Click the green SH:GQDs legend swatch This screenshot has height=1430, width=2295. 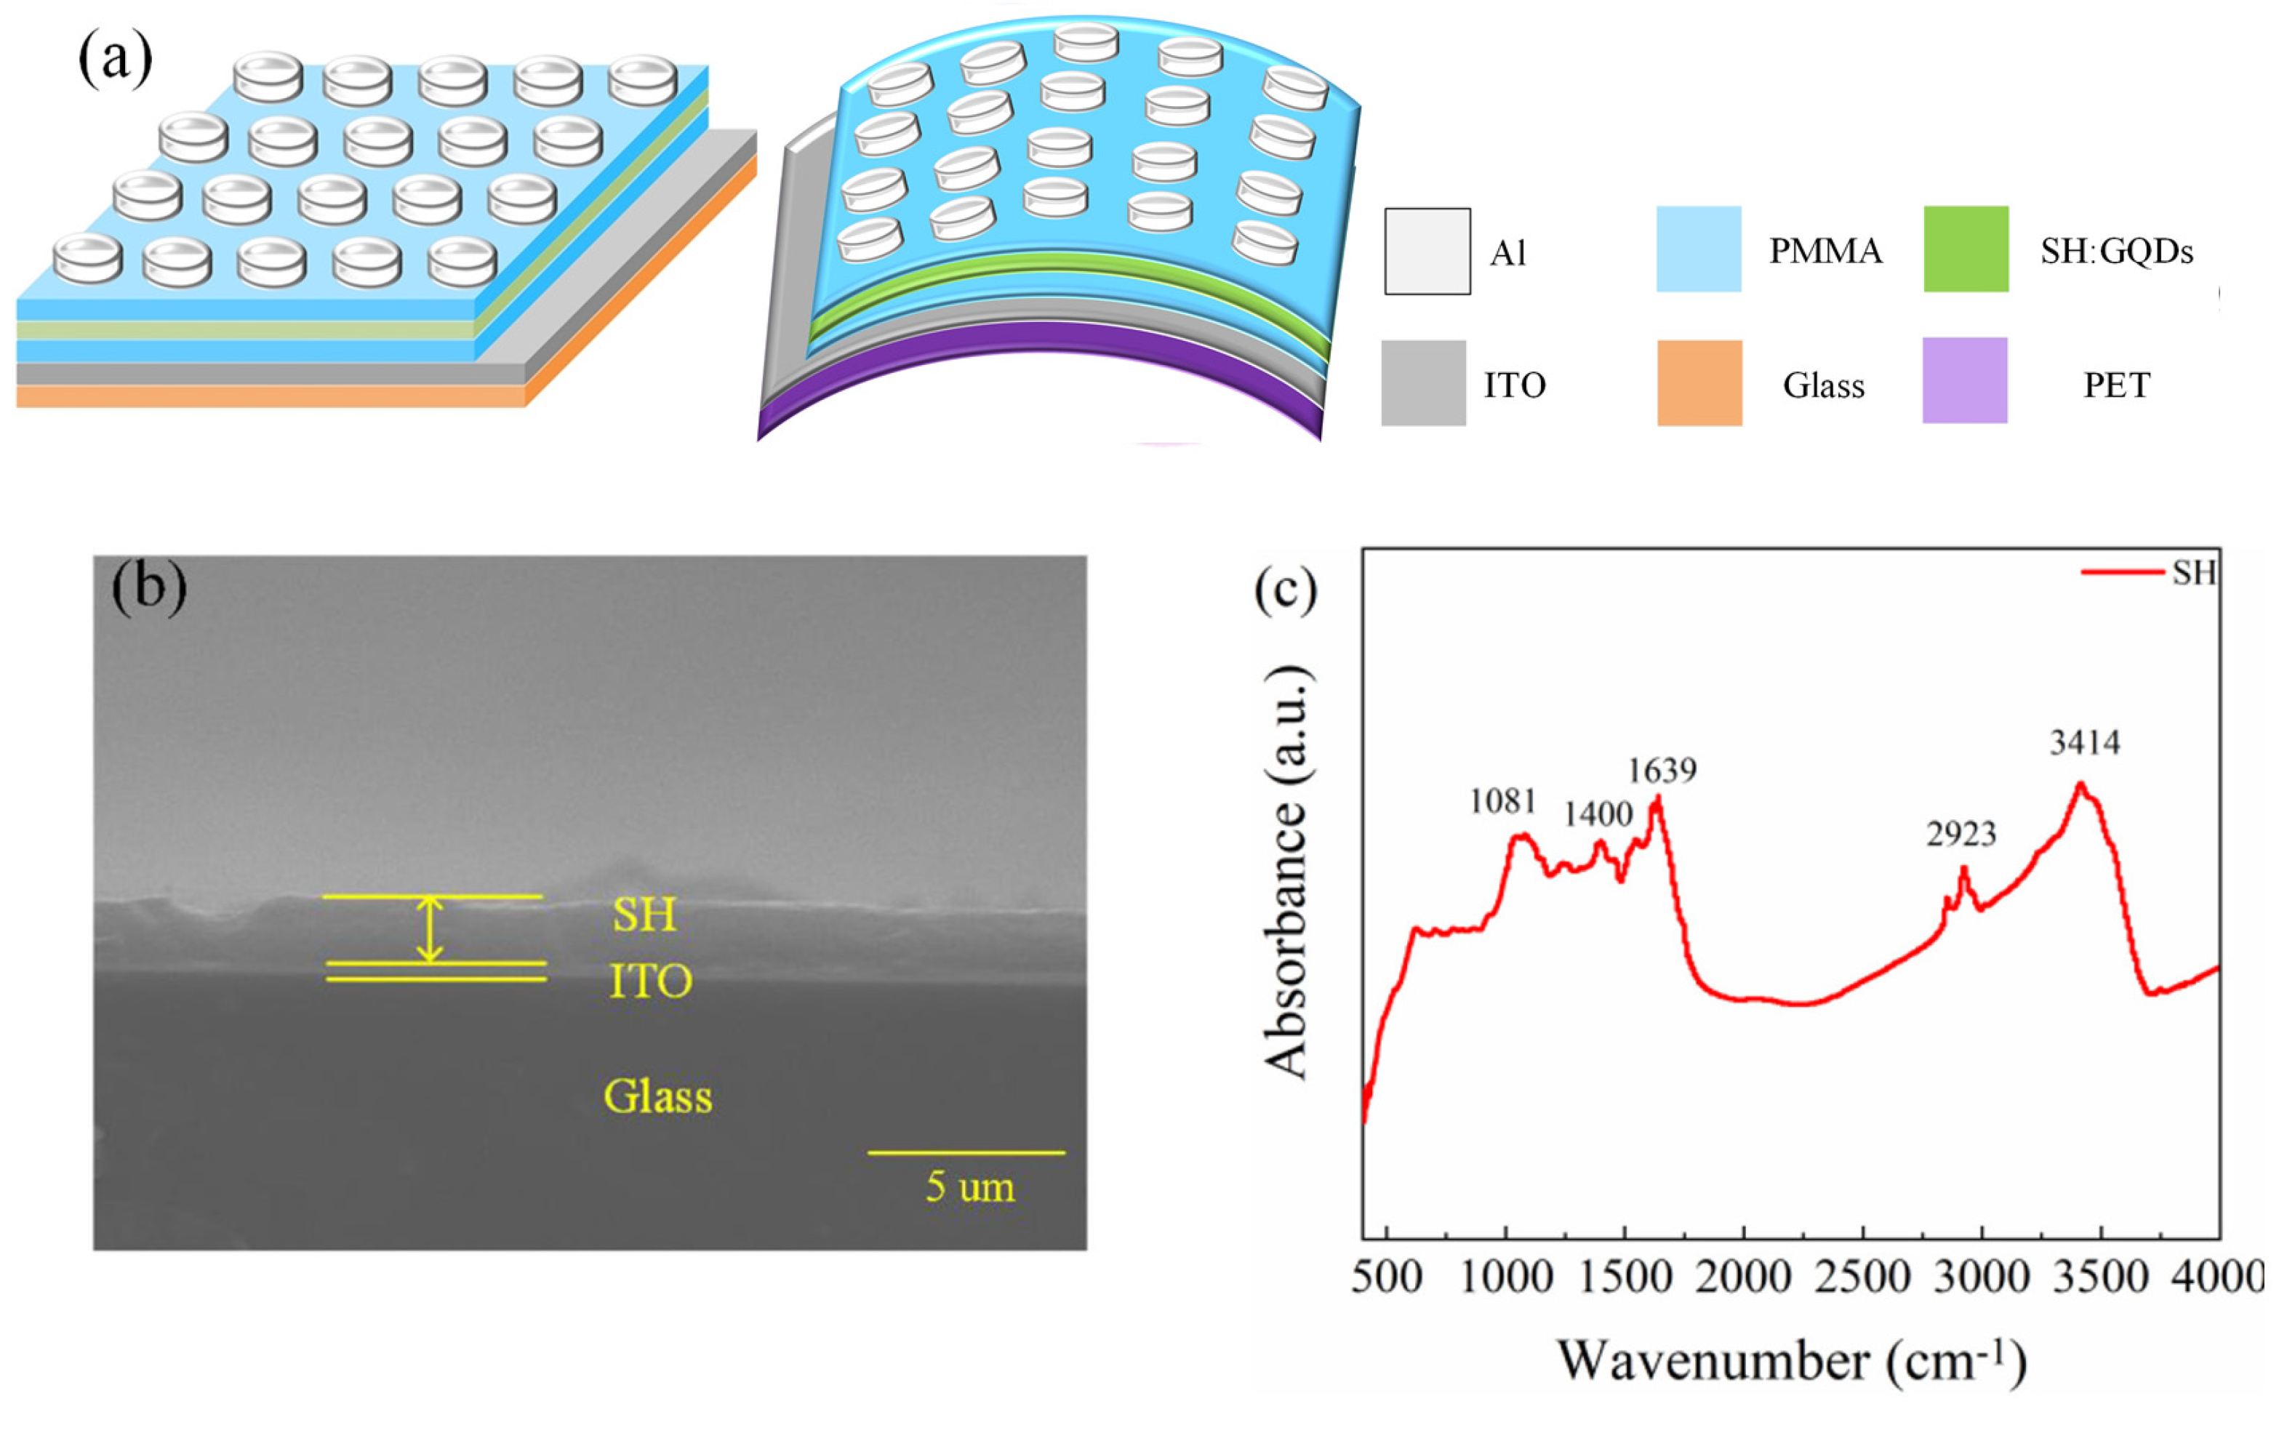click(x=1966, y=249)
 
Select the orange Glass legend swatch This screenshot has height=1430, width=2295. click(x=1699, y=383)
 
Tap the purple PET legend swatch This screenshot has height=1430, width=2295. click(x=1965, y=380)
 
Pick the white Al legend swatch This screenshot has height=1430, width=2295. click(x=1427, y=252)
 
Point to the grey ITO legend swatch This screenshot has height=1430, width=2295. click(x=1423, y=383)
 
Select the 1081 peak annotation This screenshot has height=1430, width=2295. click(x=1502, y=802)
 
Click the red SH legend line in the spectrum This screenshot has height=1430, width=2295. click(x=2122, y=572)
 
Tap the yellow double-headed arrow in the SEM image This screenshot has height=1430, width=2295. click(x=431, y=929)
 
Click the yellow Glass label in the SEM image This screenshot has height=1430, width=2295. click(x=657, y=1097)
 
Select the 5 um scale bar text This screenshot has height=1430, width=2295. click(x=969, y=1187)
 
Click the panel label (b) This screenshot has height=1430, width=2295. click(x=148, y=587)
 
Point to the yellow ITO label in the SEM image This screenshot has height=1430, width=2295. click(x=650, y=981)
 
